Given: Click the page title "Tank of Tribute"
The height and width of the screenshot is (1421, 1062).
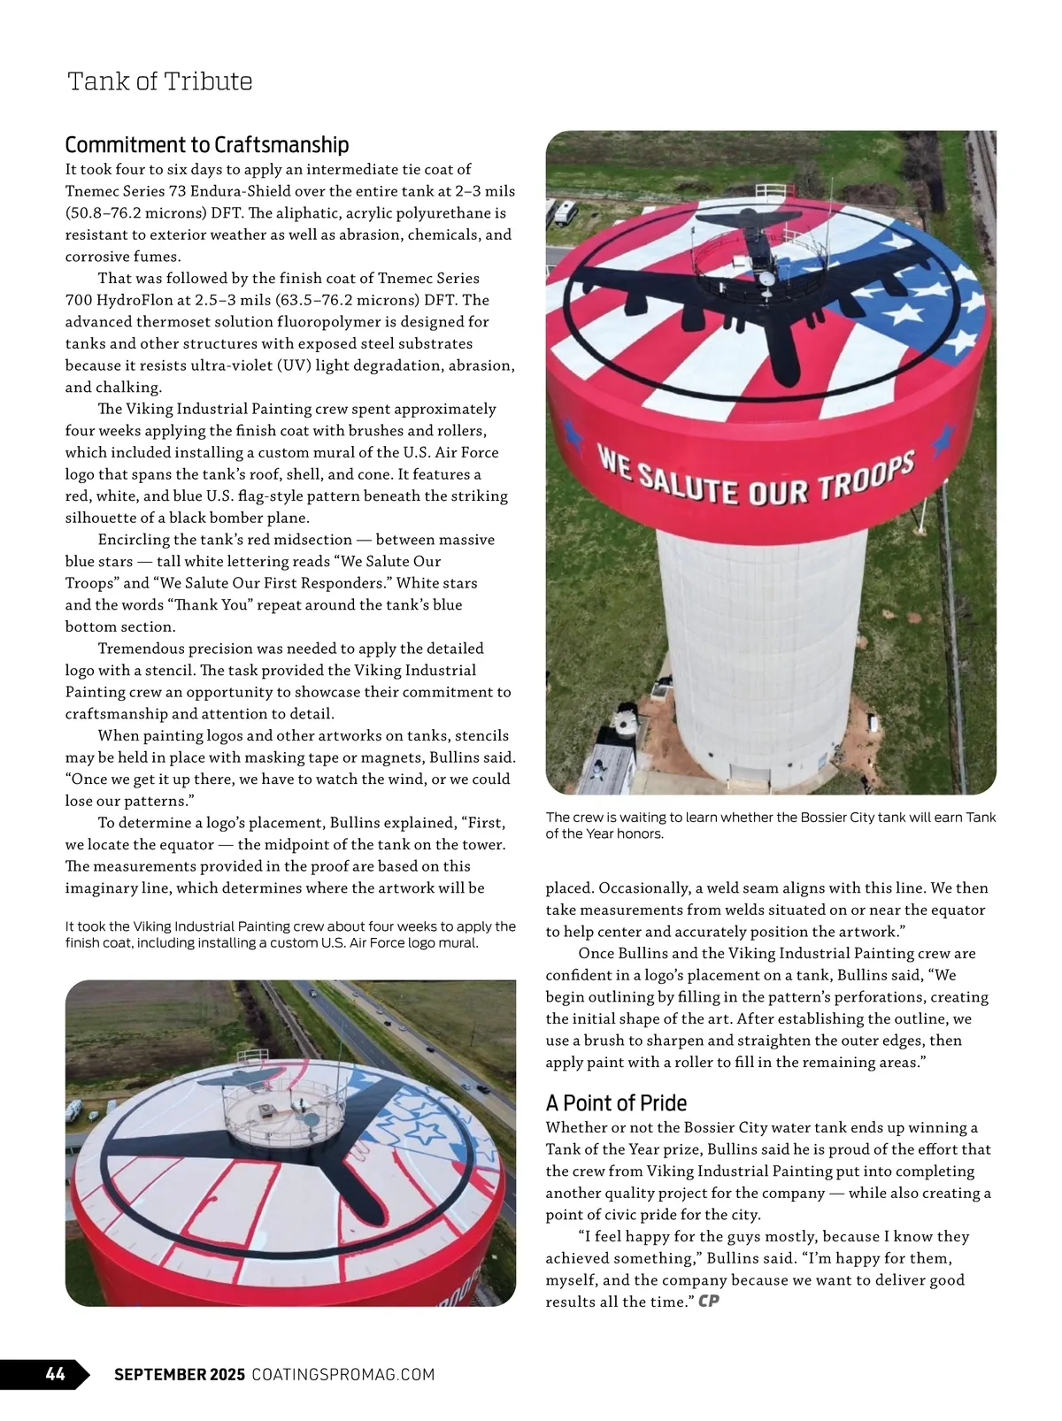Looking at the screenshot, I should (159, 81).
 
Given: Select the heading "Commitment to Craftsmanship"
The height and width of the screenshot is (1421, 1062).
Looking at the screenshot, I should (207, 144).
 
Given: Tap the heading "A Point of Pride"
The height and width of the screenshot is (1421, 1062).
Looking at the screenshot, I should (616, 1102).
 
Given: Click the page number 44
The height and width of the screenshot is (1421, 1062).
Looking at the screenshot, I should (55, 1374).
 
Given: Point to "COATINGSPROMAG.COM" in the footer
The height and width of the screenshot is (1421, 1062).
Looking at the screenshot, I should (343, 1374).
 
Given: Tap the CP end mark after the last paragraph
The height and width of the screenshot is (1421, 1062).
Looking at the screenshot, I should (708, 1301).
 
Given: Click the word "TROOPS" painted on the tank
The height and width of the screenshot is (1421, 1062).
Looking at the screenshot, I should (866, 479).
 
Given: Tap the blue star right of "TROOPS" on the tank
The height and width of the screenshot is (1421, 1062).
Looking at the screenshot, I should (944, 436).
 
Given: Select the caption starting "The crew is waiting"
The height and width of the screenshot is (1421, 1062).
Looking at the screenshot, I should (770, 825).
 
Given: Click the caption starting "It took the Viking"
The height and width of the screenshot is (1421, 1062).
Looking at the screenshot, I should (290, 934).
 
